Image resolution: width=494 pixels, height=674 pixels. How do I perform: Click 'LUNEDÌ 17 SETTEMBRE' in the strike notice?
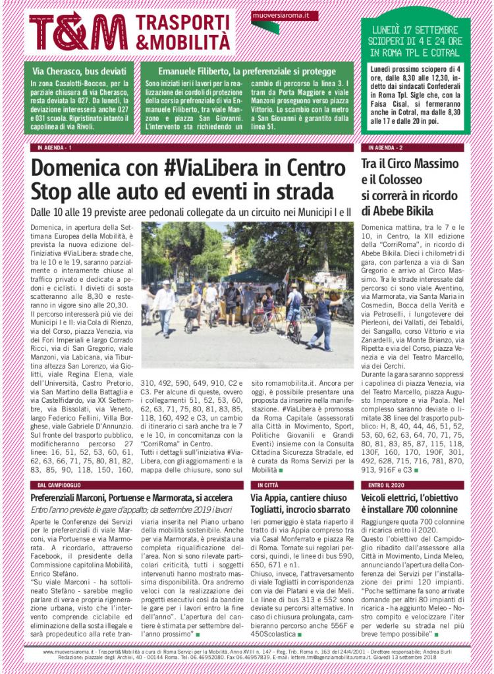click(415, 30)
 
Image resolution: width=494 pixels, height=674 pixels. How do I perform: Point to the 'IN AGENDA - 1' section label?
click(55, 147)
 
